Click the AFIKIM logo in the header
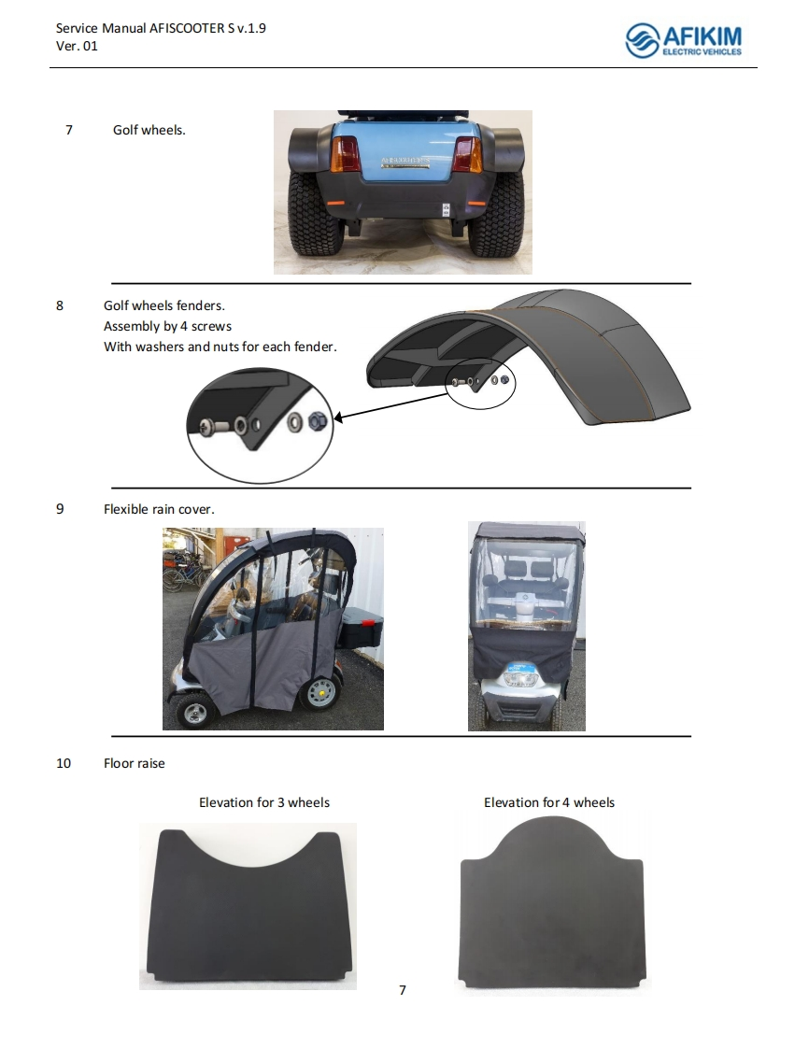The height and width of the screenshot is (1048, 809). (x=683, y=40)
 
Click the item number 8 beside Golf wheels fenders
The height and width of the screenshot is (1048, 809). (x=60, y=305)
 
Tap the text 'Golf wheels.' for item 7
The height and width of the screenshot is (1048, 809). (x=149, y=130)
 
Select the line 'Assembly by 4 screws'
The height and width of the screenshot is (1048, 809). (x=167, y=326)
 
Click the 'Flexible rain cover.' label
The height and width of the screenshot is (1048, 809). (x=159, y=509)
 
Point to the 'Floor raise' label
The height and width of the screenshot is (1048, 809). (x=134, y=763)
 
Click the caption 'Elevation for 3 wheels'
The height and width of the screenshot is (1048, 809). (x=264, y=802)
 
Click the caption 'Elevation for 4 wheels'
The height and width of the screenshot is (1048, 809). (x=549, y=802)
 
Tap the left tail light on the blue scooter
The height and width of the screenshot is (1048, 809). (x=346, y=154)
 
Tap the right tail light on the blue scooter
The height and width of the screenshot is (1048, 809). (x=467, y=154)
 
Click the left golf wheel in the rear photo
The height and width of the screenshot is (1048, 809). (x=316, y=215)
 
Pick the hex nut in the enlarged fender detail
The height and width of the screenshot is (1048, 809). (x=317, y=421)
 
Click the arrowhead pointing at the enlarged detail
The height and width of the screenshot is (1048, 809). (x=338, y=418)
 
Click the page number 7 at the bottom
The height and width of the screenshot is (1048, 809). (x=403, y=990)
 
